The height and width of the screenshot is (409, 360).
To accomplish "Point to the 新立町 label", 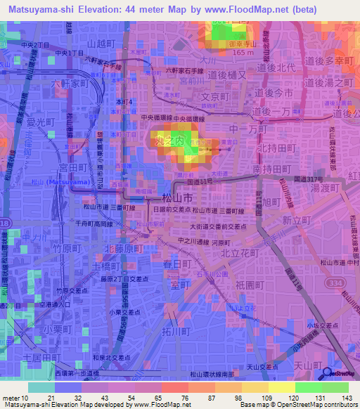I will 295,221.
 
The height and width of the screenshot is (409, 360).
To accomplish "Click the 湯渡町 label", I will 325,188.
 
